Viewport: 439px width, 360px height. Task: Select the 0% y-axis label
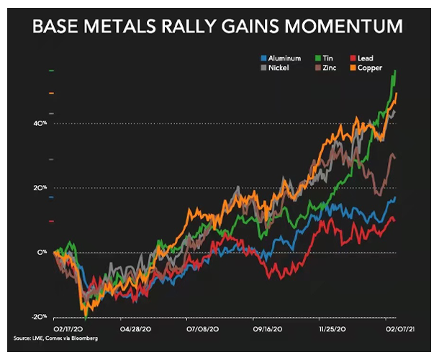[x=43, y=253]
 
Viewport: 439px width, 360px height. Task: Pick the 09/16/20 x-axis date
[x=266, y=328]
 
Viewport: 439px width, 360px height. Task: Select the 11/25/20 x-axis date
[x=332, y=328]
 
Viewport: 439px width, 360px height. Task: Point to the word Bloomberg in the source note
[x=84, y=338]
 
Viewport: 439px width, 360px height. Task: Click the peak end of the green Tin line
[x=395, y=71]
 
